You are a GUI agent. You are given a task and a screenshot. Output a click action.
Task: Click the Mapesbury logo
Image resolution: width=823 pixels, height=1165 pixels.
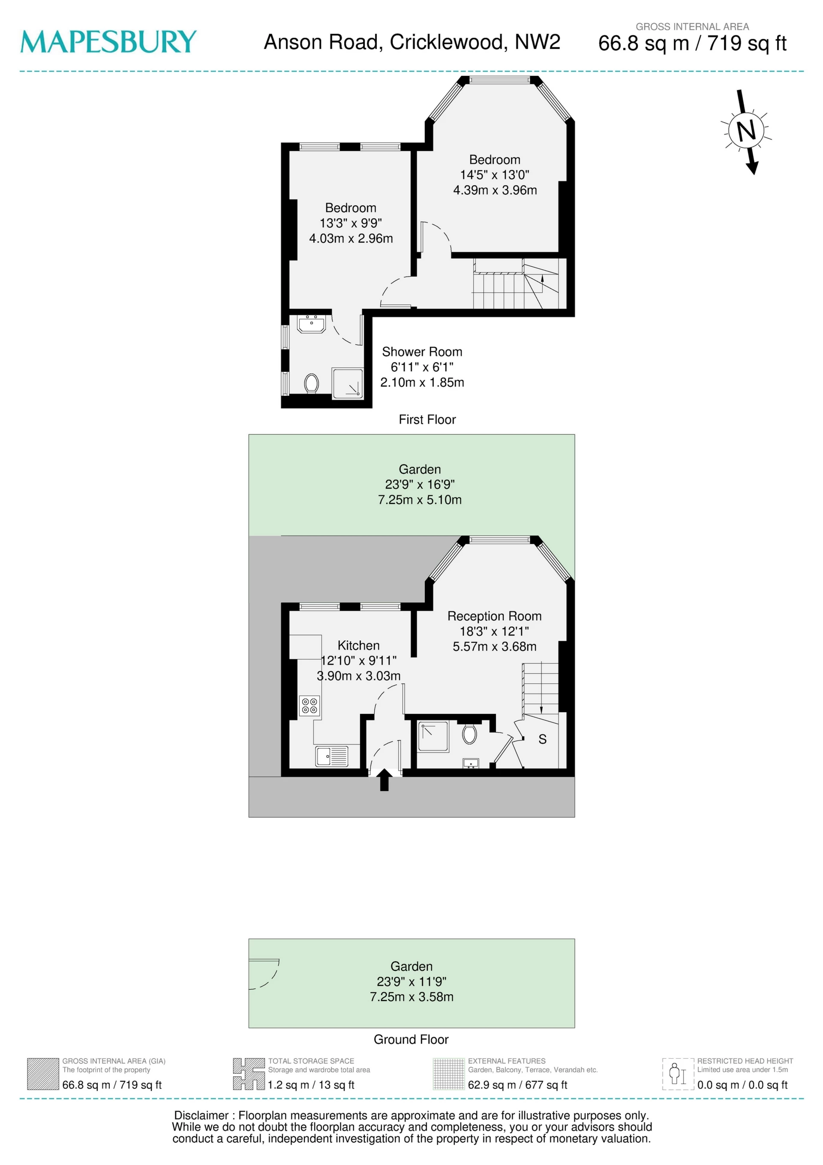(x=108, y=42)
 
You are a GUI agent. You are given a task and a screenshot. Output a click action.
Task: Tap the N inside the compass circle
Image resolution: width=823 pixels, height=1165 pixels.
(x=746, y=131)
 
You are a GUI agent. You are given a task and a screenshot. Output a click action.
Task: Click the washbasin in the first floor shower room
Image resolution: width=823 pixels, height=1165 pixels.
(x=311, y=324)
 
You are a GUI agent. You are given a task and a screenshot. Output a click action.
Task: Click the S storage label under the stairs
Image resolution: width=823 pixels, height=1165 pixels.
(x=542, y=739)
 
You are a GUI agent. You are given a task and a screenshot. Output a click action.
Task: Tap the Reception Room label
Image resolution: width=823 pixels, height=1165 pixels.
(x=494, y=616)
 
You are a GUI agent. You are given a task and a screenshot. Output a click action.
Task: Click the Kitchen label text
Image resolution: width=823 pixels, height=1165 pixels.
(x=358, y=645)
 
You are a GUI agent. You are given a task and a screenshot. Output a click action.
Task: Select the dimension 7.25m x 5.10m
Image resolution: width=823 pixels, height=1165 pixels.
(x=420, y=500)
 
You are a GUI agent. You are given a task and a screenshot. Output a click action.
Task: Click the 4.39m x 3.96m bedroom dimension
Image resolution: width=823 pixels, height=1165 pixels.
(x=495, y=190)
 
